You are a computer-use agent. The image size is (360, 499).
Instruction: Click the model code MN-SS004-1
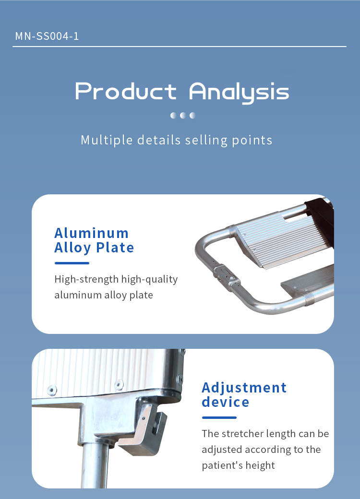(47, 36)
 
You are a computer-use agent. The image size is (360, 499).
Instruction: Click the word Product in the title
(126, 91)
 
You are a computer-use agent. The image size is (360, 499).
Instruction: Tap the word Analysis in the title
(239, 92)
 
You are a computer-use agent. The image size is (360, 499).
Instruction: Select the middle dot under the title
(183, 115)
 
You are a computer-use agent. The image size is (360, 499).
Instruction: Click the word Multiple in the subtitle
(107, 140)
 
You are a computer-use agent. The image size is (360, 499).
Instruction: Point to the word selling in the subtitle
(206, 140)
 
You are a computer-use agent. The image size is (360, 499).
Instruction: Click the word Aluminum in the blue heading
(91, 233)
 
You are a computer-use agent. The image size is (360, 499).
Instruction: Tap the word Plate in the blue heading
(115, 247)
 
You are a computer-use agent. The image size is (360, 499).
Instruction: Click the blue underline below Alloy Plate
(72, 263)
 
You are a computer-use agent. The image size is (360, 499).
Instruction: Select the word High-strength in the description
(86, 279)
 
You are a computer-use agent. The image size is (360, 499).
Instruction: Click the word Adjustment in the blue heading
(244, 388)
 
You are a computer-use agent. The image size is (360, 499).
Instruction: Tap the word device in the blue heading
(225, 402)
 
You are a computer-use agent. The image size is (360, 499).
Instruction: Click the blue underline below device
(219, 417)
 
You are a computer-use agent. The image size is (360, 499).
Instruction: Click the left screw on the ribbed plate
(51, 390)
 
